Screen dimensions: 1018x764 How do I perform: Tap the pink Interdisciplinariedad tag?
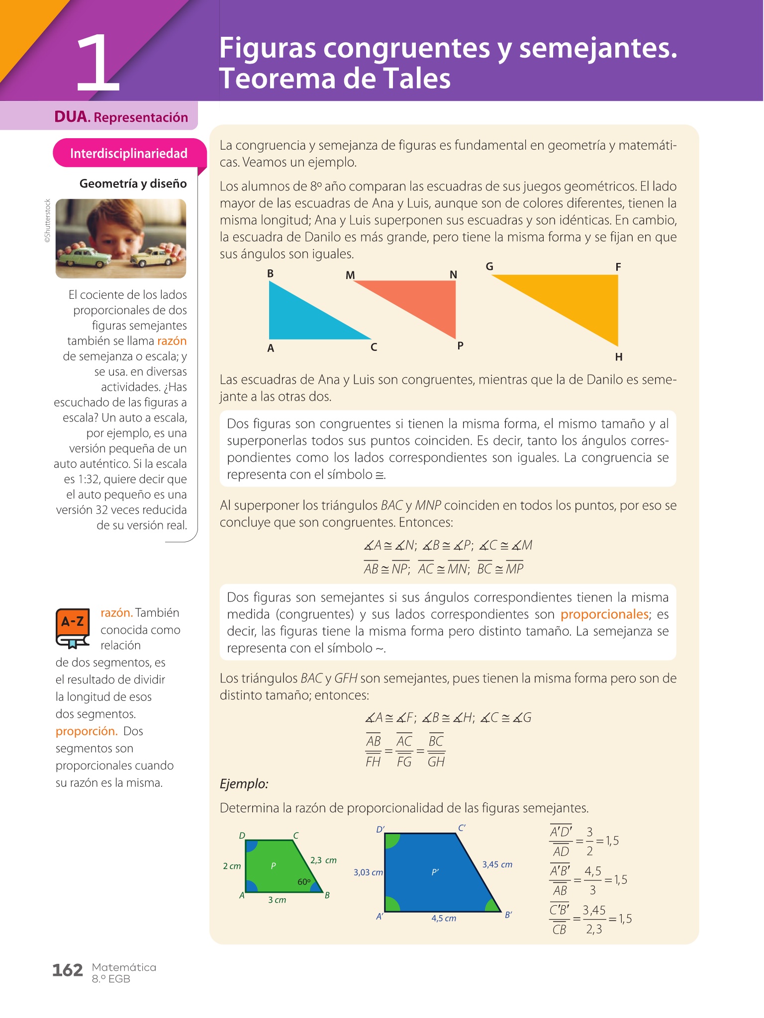click(x=128, y=153)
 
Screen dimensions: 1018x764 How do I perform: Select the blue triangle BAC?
click(x=298, y=318)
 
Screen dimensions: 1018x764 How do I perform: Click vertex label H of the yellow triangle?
click(x=619, y=357)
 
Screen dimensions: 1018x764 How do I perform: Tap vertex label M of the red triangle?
click(x=350, y=275)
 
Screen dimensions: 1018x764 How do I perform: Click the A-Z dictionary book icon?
click(x=73, y=628)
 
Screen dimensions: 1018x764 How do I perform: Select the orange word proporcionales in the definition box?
click(x=604, y=614)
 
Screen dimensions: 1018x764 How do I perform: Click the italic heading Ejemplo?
click(x=244, y=784)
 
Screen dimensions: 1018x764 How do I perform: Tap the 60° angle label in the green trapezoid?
click(x=303, y=882)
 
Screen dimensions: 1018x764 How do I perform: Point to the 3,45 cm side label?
click(x=497, y=864)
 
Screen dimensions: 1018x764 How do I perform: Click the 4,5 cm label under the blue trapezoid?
click(x=444, y=918)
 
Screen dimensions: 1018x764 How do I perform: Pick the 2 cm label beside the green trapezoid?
click(x=232, y=866)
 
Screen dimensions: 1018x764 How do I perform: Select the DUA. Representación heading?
click(x=121, y=117)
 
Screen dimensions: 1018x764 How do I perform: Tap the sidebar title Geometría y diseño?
click(x=133, y=183)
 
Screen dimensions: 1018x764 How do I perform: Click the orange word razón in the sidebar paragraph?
click(x=172, y=341)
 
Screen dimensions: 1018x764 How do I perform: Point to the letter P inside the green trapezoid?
click(x=273, y=866)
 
